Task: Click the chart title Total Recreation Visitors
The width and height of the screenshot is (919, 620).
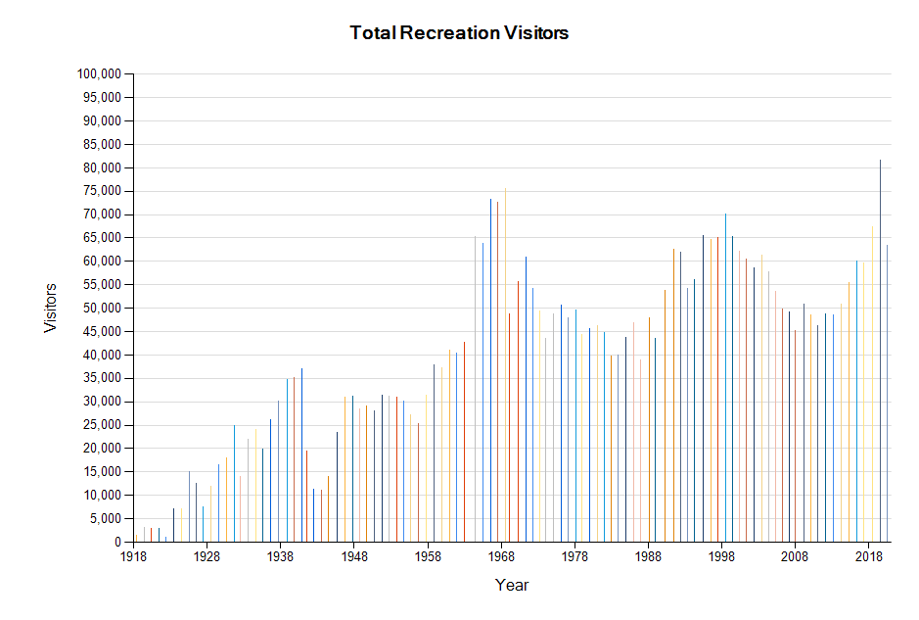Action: click(x=459, y=32)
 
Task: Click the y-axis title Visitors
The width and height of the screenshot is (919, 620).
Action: click(x=51, y=308)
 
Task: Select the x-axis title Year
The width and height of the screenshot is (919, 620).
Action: click(x=512, y=585)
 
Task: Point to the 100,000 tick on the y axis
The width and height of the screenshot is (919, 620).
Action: click(x=98, y=73)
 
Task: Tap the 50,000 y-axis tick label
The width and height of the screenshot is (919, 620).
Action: click(x=102, y=308)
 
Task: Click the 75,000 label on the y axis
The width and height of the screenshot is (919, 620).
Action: click(x=102, y=191)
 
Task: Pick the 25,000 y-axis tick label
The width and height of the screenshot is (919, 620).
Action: click(x=102, y=425)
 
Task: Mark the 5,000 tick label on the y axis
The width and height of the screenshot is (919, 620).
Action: click(x=106, y=518)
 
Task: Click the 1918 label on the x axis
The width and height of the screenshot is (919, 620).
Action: click(x=133, y=556)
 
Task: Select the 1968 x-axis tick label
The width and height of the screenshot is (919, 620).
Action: click(x=501, y=556)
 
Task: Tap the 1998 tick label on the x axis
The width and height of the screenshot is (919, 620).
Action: click(x=722, y=556)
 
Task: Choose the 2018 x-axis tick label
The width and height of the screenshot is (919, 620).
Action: click(x=869, y=556)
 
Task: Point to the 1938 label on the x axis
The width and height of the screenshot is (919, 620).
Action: click(x=280, y=556)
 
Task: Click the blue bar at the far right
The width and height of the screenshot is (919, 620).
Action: click(x=887, y=392)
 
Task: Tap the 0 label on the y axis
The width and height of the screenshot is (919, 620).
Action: click(x=117, y=542)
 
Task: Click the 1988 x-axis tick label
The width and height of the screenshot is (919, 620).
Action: click(x=648, y=556)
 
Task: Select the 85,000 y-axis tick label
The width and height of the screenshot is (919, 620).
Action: click(x=102, y=144)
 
